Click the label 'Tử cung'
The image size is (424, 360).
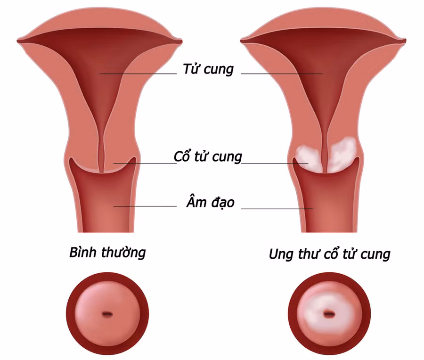pyautogui.click(x=208, y=69)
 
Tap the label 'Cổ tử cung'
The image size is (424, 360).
pyautogui.click(x=208, y=156)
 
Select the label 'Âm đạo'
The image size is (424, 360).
pyautogui.click(x=211, y=202)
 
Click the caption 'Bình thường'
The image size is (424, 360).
pyautogui.click(x=107, y=253)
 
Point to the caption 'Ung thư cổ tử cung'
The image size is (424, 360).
pyautogui.click(x=330, y=254)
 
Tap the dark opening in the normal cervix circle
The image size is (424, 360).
pyautogui.click(x=107, y=314)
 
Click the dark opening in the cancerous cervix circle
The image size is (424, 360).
pyautogui.click(x=329, y=314)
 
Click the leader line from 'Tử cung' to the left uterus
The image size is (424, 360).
pyautogui.click(x=138, y=74)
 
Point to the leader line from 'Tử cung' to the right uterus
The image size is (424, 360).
pyautogui.click(x=282, y=74)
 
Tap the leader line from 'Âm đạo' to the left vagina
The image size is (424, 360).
pyautogui.click(x=145, y=206)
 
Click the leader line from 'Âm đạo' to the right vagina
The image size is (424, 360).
pyautogui.click(x=277, y=209)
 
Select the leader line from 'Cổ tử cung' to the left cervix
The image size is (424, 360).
pyautogui.click(x=145, y=164)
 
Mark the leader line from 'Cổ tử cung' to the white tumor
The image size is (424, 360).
pyautogui.click(x=275, y=164)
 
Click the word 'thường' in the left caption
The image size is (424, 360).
pyautogui.click(x=123, y=253)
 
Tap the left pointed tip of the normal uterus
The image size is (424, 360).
pyautogui.click(x=17, y=41)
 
